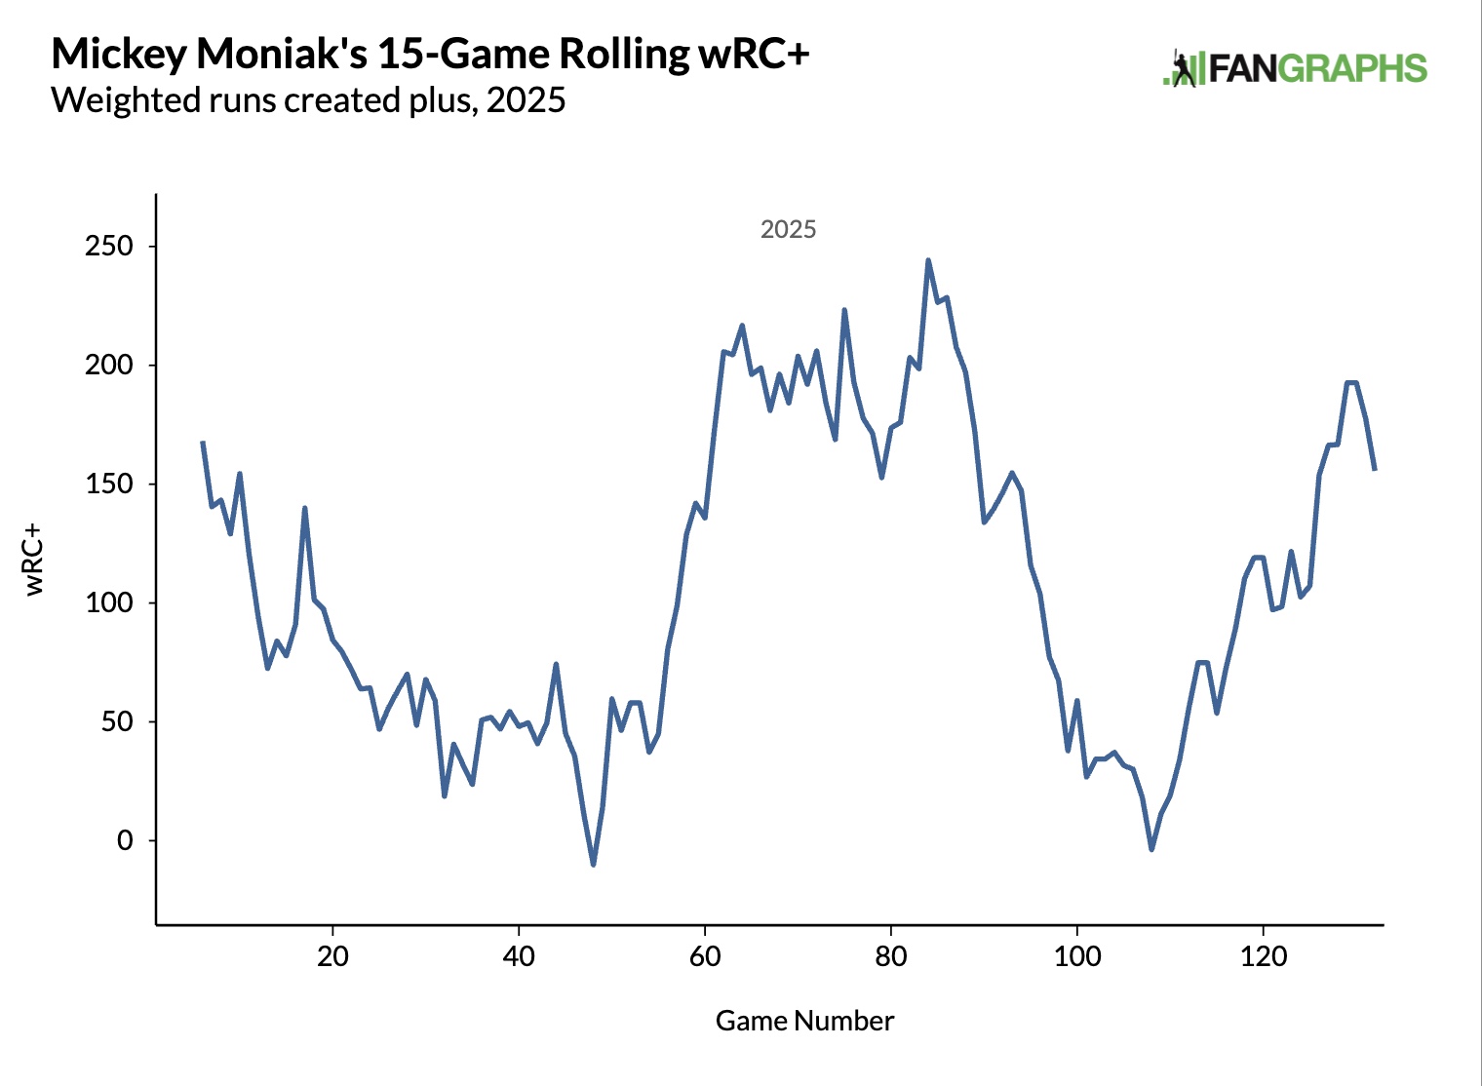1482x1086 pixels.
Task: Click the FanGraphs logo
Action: click(1295, 68)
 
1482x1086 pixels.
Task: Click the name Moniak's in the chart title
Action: click(282, 55)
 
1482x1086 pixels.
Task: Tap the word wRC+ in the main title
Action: click(753, 55)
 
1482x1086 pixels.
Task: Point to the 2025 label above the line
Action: click(788, 229)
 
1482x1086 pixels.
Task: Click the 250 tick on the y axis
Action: click(109, 247)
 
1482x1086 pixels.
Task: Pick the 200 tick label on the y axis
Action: click(109, 366)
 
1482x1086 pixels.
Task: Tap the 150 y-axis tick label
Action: click(109, 485)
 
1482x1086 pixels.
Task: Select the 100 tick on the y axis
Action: click(109, 603)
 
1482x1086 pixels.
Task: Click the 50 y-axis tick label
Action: click(117, 722)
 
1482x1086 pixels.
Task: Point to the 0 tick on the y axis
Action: click(125, 840)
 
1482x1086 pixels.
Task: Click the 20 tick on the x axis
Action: click(332, 956)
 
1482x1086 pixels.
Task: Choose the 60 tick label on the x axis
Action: click(705, 956)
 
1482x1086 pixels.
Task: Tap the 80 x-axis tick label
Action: click(891, 956)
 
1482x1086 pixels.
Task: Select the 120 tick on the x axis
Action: click(1264, 956)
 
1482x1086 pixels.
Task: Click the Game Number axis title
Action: click(804, 1021)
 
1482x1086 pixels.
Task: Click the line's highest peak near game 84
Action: click(927, 260)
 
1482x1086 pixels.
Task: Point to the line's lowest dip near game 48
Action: click(593, 864)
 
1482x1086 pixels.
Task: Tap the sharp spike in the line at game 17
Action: click(305, 508)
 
